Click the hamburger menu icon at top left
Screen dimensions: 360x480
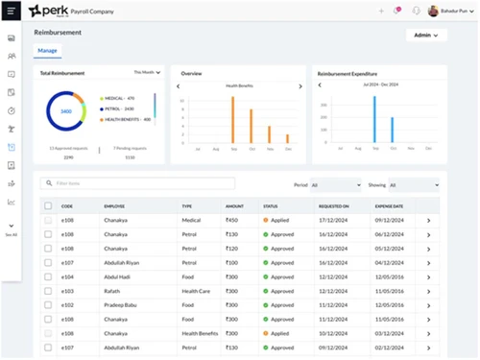[11, 11]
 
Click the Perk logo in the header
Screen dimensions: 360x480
[47, 11]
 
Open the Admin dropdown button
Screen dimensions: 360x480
[426, 36]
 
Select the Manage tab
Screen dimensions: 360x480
[47, 50]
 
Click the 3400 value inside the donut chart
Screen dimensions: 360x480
[66, 111]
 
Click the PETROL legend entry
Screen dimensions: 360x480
[119, 108]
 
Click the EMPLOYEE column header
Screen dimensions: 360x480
[114, 206]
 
